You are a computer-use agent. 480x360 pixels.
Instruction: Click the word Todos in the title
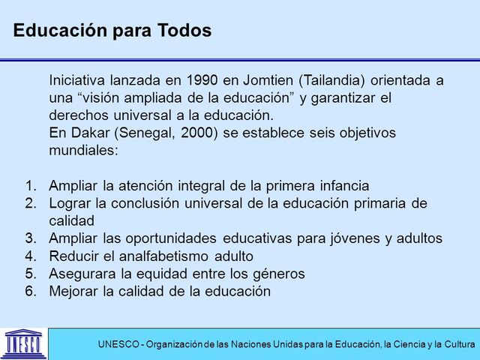pyautogui.click(x=184, y=31)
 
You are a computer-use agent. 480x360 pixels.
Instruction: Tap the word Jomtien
pyautogui.click(x=265, y=80)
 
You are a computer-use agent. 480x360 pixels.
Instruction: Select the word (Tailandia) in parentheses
pyautogui.click(x=336, y=80)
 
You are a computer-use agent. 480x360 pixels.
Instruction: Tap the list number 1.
pyautogui.click(x=29, y=185)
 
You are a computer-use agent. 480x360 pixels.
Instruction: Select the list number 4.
pyautogui.click(x=29, y=256)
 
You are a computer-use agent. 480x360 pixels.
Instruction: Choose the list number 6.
pyautogui.click(x=29, y=291)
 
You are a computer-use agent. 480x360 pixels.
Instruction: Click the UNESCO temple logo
pyautogui.click(x=22, y=343)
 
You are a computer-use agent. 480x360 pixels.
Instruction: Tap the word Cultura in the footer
pyautogui.click(x=457, y=344)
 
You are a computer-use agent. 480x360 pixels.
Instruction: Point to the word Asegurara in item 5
pyautogui.click(x=84, y=274)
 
